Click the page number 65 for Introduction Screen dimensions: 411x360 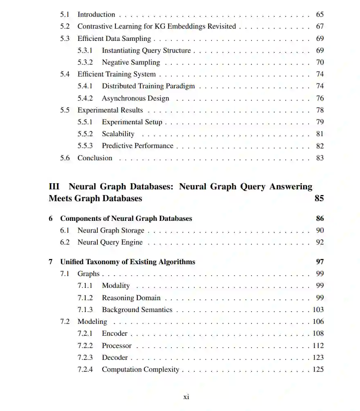(319, 14)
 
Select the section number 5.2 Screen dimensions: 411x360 (65, 26)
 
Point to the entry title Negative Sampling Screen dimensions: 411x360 (131, 62)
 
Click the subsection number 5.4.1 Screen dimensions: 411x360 (85, 86)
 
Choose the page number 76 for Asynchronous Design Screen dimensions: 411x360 (319, 98)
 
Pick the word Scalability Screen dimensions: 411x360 (118, 134)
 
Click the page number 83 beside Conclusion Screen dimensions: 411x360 (319, 158)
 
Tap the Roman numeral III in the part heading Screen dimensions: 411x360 (54, 186)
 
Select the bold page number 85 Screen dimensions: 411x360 (319, 198)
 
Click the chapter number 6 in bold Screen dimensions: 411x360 (51, 218)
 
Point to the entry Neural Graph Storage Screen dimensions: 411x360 (111, 230)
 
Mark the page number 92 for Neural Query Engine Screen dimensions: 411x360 (319, 242)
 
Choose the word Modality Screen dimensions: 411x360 (116, 285)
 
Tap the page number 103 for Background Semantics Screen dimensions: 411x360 (318, 310)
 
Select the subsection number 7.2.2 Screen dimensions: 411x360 (85, 346)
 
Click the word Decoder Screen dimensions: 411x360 (115, 357)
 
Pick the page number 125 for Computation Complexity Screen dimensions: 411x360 (318, 369)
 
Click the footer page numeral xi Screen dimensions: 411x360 (186, 396)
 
